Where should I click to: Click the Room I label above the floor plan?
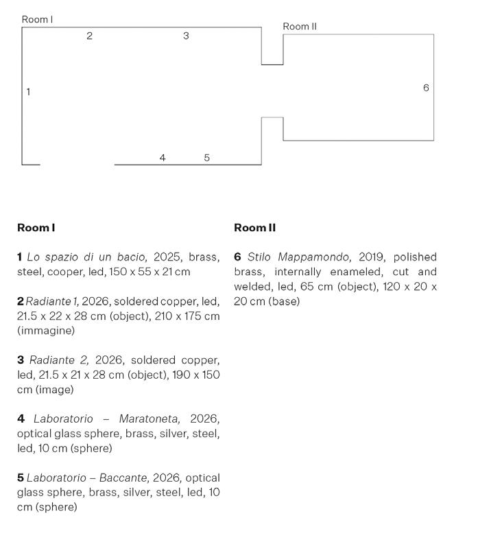click(37, 19)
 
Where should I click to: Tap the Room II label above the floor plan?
click(300, 26)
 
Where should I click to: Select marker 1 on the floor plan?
click(28, 91)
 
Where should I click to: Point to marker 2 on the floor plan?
click(89, 36)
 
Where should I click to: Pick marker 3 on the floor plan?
click(186, 36)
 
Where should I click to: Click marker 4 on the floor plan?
click(163, 158)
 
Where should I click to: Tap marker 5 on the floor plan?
click(207, 158)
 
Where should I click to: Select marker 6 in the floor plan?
click(426, 88)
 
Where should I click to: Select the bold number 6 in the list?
click(237, 257)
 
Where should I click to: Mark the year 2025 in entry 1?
click(168, 257)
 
